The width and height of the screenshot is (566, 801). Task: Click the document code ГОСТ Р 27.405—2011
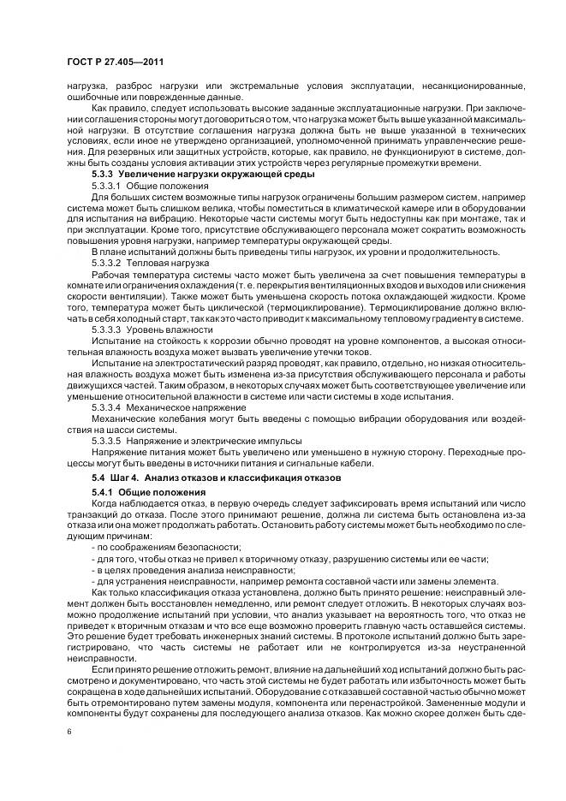(115, 62)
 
